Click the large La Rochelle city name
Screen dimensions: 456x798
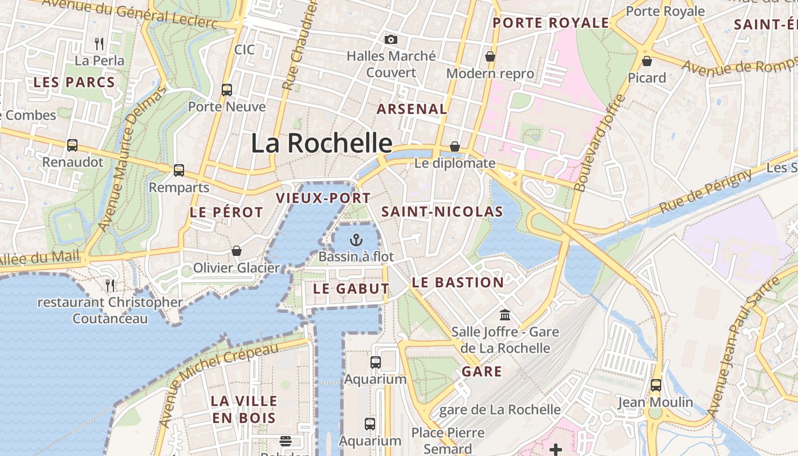point(321,143)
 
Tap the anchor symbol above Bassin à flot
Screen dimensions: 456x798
point(356,239)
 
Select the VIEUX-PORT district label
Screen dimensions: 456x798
point(323,198)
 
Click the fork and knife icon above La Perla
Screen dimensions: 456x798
point(99,43)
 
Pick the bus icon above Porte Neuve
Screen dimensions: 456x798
point(227,89)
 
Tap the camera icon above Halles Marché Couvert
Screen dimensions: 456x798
point(390,39)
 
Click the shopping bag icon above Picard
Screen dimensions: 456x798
point(647,60)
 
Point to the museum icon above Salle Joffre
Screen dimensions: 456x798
point(505,315)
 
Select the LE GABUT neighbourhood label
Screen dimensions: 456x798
point(351,289)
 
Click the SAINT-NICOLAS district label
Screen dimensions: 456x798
point(442,212)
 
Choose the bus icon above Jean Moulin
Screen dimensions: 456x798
point(656,385)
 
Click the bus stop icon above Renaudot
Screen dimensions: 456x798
point(72,145)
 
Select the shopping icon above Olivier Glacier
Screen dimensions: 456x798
point(237,251)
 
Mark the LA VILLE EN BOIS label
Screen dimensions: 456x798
point(244,409)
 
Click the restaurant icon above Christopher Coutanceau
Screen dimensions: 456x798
point(110,285)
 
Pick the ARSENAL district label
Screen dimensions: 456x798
point(412,109)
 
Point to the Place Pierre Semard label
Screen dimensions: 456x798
point(448,441)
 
